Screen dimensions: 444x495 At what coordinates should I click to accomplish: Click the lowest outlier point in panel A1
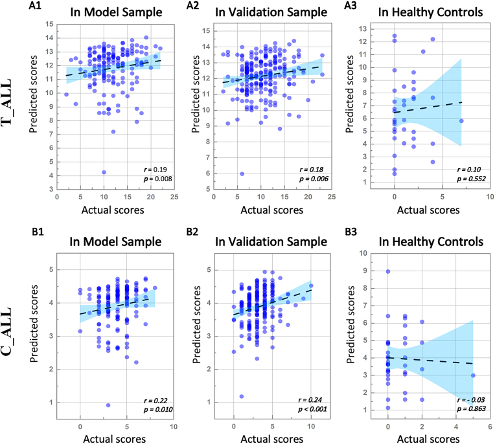click(104, 172)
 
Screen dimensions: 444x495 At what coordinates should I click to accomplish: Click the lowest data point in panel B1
click(108, 405)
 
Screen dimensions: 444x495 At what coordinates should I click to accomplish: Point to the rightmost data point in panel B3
click(473, 375)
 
